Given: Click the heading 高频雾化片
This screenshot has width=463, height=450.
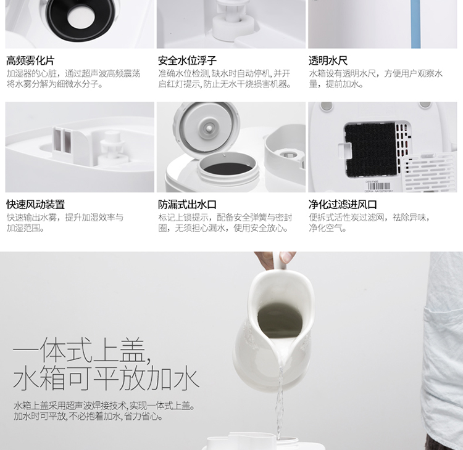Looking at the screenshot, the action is [x=30, y=61].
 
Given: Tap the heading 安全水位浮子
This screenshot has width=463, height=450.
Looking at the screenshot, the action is [x=187, y=61].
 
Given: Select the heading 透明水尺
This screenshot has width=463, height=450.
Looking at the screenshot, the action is [x=328, y=61].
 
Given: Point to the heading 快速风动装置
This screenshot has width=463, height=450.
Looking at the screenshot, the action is [x=35, y=205].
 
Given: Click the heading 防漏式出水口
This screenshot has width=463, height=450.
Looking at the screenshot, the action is [x=187, y=205].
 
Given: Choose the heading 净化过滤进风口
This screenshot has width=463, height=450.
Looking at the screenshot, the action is [x=343, y=205].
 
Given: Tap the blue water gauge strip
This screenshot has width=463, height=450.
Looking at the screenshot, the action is [x=415, y=24].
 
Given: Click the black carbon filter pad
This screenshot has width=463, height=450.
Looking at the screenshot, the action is [x=371, y=149].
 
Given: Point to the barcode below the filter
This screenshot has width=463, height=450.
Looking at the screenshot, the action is [x=379, y=187].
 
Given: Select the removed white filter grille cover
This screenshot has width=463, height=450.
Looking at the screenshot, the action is [x=429, y=173].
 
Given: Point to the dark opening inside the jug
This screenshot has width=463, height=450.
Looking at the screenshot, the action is [x=280, y=321].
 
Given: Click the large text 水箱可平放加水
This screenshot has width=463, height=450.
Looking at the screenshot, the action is [x=106, y=377].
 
